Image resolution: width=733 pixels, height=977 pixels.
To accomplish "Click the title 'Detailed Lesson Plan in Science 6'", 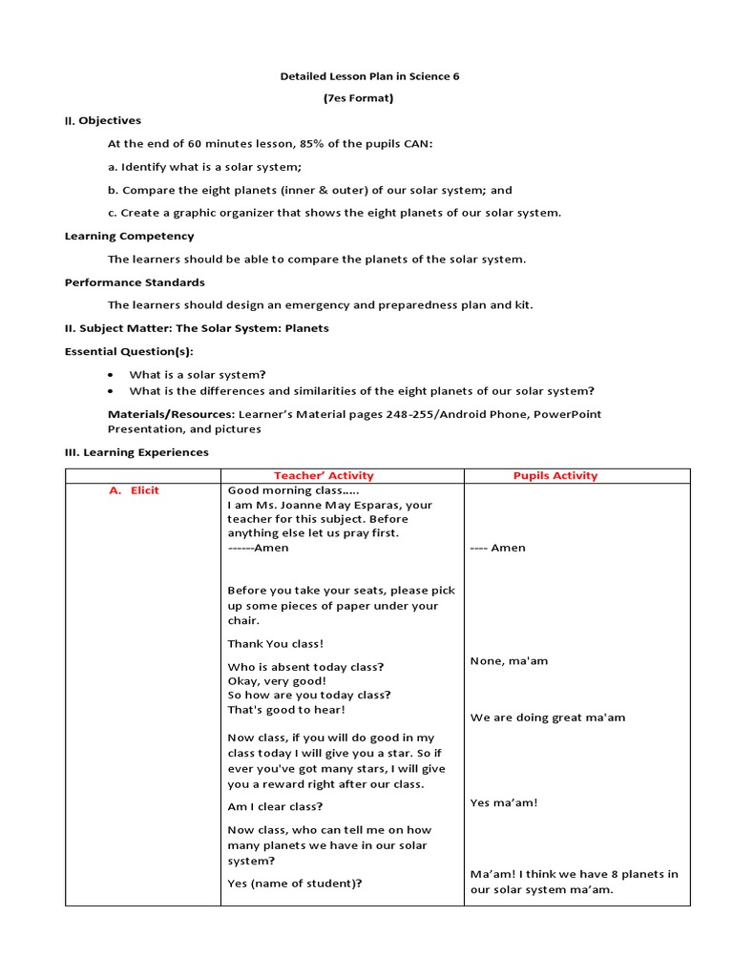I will (x=368, y=75).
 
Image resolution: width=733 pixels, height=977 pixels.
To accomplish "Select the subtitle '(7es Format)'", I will (x=368, y=98).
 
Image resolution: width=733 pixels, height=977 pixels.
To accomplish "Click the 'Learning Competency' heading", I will (x=129, y=236).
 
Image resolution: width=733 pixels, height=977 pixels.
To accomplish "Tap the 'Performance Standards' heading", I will (x=135, y=282).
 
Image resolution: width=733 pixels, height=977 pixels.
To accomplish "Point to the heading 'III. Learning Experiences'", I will (x=136, y=452).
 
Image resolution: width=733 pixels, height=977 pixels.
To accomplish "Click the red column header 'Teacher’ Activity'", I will (x=324, y=475).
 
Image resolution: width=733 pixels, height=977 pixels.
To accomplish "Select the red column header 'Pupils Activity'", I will (x=555, y=475).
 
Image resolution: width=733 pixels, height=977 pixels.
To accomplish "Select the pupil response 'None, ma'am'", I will (x=510, y=660).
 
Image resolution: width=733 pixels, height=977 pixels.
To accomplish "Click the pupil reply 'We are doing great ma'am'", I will (x=548, y=717).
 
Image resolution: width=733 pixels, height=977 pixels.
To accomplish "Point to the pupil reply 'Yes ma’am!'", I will (x=504, y=802).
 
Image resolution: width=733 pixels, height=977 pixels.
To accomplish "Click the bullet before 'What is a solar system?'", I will (x=112, y=375).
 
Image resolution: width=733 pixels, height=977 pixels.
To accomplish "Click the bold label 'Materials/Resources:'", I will (x=171, y=414).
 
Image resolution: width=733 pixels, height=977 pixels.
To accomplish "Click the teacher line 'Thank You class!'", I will (x=276, y=644).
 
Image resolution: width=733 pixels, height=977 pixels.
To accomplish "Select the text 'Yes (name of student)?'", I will (x=295, y=883).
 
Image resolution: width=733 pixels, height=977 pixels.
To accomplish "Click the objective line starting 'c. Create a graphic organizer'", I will (x=334, y=213).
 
